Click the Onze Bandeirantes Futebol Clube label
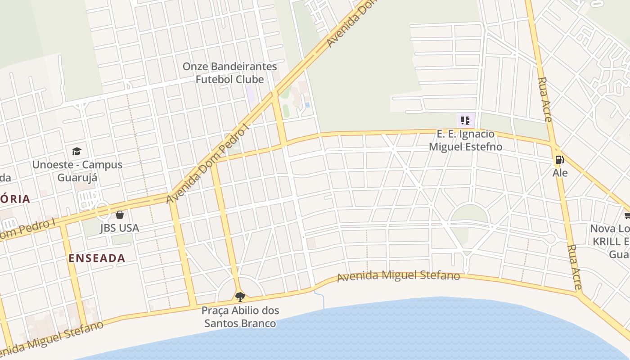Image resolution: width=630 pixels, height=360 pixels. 229,73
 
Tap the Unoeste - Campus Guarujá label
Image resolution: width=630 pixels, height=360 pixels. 77,171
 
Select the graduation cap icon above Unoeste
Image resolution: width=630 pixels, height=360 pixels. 77,151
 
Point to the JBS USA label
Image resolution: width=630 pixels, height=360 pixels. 119,228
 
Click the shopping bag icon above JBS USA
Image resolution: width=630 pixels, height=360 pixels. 119,215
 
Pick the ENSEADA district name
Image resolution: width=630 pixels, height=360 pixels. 97,258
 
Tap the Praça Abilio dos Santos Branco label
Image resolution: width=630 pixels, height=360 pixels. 240,317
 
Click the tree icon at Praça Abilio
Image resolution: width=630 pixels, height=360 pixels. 240,297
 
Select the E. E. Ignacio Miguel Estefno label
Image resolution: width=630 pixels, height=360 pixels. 465,140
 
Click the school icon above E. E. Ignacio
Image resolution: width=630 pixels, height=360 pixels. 465,120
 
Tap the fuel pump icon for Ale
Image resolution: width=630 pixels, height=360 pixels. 559,159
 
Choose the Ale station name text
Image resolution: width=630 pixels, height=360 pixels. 560,173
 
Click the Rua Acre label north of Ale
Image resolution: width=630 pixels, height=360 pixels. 545,99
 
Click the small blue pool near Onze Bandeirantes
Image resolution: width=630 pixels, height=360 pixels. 307,105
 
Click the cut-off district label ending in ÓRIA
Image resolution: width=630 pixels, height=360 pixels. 15,199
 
